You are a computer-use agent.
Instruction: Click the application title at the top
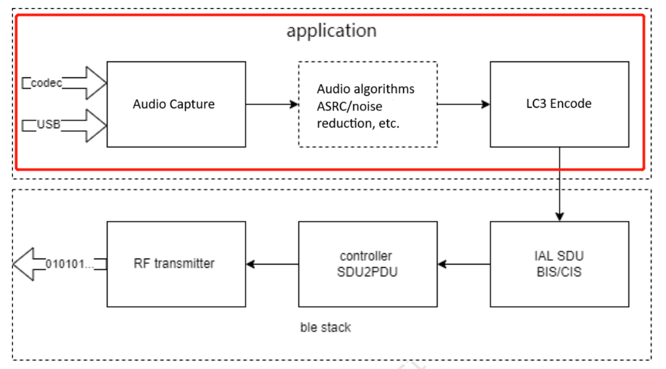[331, 31]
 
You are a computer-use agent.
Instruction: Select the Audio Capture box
[176, 104]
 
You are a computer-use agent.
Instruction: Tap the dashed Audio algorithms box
[368, 104]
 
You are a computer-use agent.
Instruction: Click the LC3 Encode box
[559, 104]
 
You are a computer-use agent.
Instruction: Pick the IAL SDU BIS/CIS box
[559, 264]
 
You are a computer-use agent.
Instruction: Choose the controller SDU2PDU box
[368, 264]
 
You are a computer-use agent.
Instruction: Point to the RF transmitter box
[176, 264]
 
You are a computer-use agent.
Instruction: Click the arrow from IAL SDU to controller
[463, 264]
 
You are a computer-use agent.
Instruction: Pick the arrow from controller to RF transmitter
[272, 264]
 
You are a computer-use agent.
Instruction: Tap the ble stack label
[325, 327]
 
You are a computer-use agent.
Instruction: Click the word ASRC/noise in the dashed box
[349, 106]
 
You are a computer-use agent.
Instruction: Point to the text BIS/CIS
[559, 272]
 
